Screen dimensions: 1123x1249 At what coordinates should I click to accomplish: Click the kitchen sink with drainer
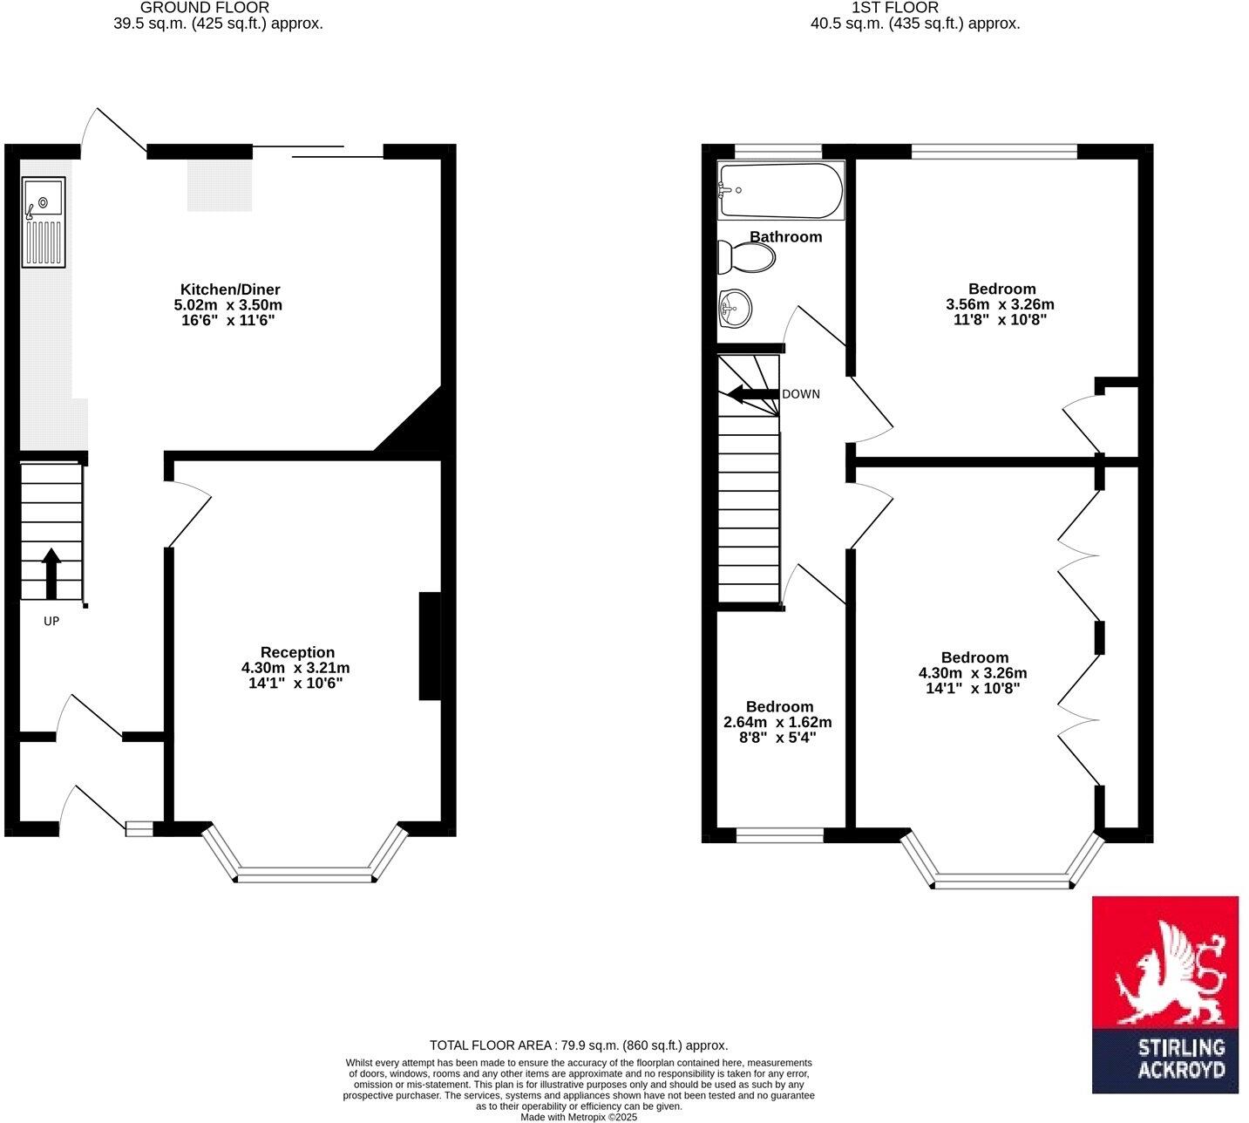tap(44, 222)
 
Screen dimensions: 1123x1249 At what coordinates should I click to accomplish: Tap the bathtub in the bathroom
tap(780, 191)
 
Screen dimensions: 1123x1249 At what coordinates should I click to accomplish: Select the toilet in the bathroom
tap(748, 257)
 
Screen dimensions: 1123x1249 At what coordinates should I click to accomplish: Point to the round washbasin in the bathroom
tap(736, 308)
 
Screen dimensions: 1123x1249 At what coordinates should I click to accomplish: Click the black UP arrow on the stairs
tap(51, 573)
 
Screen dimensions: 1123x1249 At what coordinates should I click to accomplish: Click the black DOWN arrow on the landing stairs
tap(753, 394)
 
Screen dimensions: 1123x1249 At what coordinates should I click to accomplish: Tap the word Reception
tap(297, 652)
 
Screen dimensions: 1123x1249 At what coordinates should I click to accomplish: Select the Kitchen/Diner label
tap(230, 289)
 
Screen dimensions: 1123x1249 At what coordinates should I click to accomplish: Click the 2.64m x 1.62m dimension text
tap(777, 722)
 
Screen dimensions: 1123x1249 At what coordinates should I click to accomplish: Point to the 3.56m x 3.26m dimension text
tap(1000, 304)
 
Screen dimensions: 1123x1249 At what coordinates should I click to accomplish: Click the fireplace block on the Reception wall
tap(430, 646)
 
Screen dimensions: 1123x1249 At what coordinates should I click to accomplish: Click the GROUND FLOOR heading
tap(205, 8)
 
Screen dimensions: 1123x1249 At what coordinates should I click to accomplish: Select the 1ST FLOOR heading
tap(895, 8)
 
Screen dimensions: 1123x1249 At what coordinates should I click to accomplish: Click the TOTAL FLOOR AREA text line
tap(579, 1045)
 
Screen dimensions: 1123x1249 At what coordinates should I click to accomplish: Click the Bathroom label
tap(785, 236)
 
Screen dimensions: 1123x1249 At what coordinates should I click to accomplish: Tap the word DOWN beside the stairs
tap(800, 394)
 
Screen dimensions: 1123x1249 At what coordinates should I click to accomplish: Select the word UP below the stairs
tap(51, 622)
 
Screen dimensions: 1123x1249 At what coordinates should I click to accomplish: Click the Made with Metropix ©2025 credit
tap(579, 1117)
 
